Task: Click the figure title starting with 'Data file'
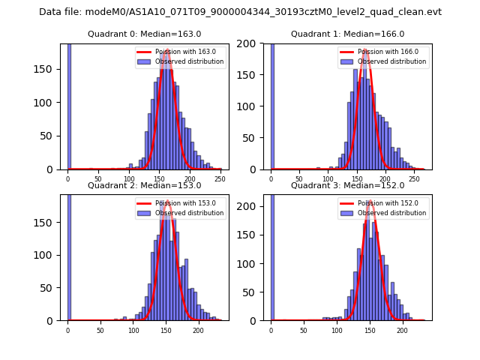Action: pyautogui.click(x=240, y=12)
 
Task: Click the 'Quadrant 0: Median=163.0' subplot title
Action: pyautogui.click(x=144, y=34)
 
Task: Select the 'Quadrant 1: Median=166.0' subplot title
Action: pyautogui.click(x=347, y=34)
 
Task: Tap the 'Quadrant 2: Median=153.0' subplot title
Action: pyautogui.click(x=144, y=185)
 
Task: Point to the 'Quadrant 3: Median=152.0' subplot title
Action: pyautogui.click(x=347, y=185)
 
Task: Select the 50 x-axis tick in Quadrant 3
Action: pyautogui.click(x=304, y=330)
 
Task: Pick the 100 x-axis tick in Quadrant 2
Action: pyautogui.click(x=133, y=330)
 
